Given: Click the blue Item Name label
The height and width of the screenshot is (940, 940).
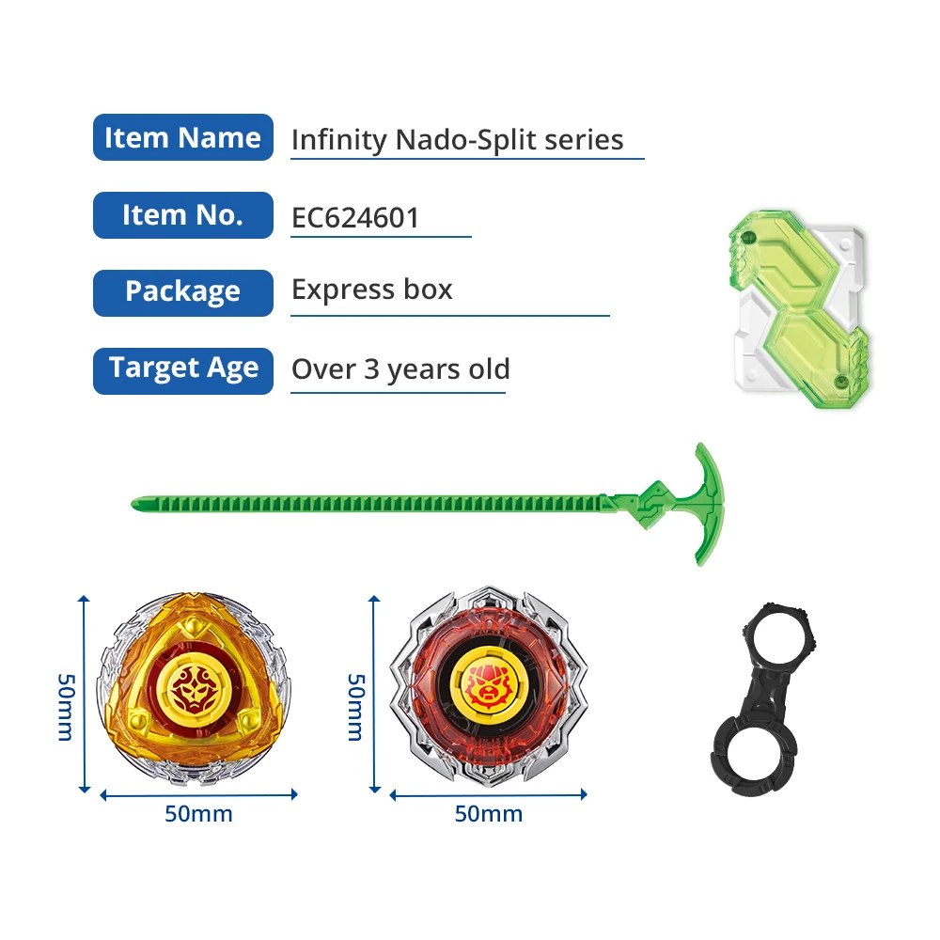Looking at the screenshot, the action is pyautogui.click(x=182, y=138).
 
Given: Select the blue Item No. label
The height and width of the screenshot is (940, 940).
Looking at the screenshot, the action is pyautogui.click(x=182, y=215).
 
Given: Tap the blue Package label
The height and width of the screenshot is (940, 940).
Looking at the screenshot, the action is pyautogui.click(x=182, y=292).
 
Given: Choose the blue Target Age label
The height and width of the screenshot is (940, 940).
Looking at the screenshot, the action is pyautogui.click(x=182, y=369).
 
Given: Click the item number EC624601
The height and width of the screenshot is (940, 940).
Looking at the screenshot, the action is pyautogui.click(x=355, y=217).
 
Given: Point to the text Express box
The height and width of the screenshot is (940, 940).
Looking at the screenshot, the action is pyautogui.click(x=372, y=290).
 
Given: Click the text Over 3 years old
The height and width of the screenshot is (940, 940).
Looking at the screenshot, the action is pyautogui.click(x=400, y=369).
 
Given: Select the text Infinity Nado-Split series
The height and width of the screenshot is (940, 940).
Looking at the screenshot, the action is pyautogui.click(x=457, y=140).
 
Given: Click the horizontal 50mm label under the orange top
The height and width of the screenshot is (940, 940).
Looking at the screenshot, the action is pyautogui.click(x=198, y=813).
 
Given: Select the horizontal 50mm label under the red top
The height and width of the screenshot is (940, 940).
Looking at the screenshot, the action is pyautogui.click(x=488, y=813).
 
